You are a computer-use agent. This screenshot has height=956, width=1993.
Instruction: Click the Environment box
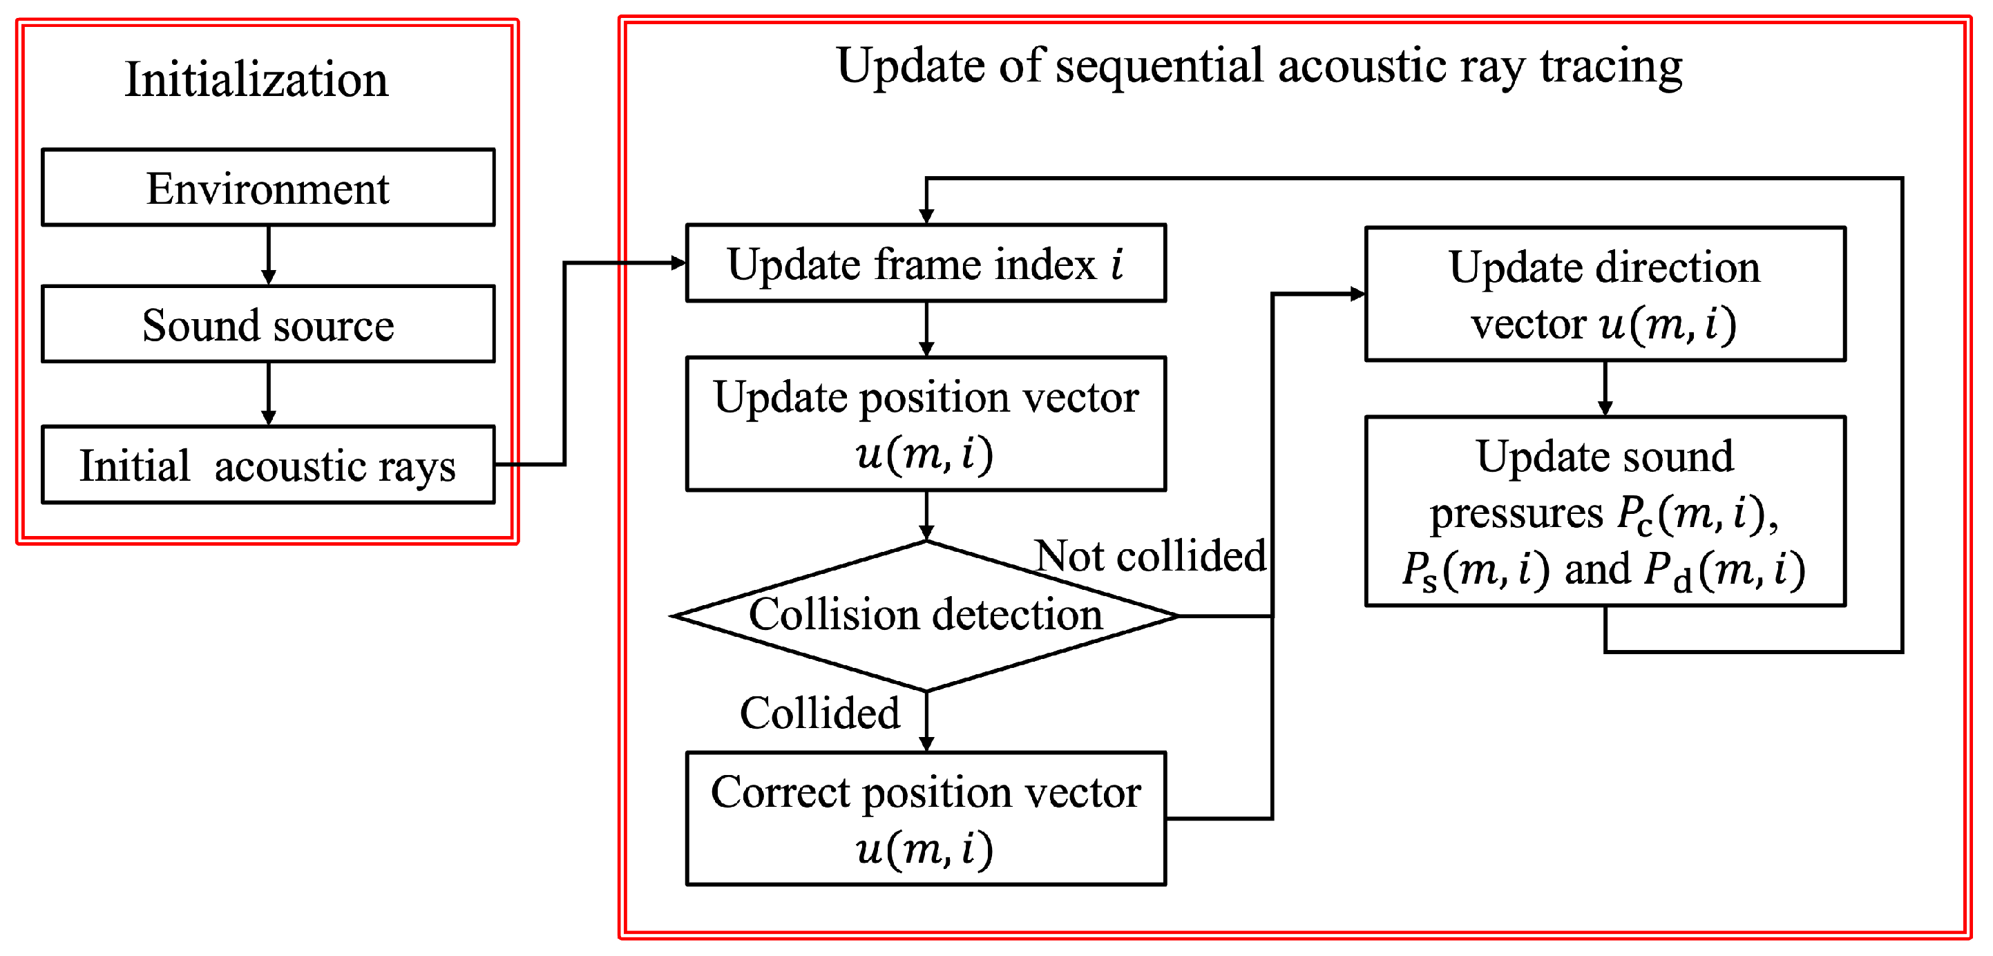268,188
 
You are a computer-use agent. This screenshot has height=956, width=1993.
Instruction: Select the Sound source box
268,324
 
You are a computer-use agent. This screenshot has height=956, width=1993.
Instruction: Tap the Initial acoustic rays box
268,465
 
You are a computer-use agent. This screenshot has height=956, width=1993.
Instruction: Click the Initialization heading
256,79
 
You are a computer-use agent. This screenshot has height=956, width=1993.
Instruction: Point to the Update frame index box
925,263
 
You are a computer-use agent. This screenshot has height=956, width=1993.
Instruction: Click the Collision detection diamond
925,615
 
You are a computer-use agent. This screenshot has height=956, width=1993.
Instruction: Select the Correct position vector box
925,819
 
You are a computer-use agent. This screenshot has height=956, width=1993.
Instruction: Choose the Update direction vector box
1605,294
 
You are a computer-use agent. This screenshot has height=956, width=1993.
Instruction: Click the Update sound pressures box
1605,511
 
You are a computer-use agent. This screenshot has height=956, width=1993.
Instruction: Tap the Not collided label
1150,555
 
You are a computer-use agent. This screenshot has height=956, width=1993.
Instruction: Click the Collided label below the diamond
819,712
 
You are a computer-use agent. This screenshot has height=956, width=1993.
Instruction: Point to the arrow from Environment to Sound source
269,256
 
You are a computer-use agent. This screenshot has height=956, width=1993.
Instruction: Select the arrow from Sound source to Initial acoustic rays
269,394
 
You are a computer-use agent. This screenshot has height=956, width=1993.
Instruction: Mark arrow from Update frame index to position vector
926,329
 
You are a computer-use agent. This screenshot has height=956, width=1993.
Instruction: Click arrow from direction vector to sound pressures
1605,389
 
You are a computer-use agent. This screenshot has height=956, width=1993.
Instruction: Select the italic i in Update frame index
1116,264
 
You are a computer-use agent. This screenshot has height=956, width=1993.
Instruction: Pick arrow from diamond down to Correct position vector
926,722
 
